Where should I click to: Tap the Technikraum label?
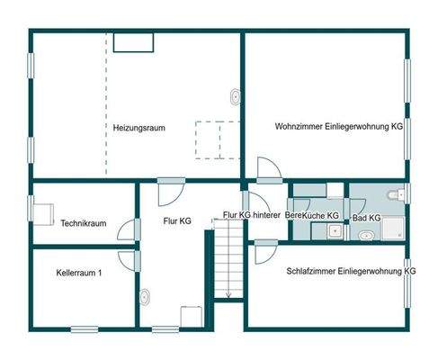coord(84,223)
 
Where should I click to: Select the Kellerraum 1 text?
coord(78,272)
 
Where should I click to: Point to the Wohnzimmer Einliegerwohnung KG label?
coord(338,128)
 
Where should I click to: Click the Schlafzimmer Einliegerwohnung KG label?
coord(351,270)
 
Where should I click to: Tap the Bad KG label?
coord(366,218)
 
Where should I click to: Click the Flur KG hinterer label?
coord(253,215)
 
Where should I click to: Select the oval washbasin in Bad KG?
coord(365,236)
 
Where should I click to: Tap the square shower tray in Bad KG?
coord(394,231)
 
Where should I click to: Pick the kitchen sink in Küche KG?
coord(334,231)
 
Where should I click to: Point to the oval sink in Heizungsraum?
coord(236,95)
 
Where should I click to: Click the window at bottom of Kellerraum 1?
coord(84,328)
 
